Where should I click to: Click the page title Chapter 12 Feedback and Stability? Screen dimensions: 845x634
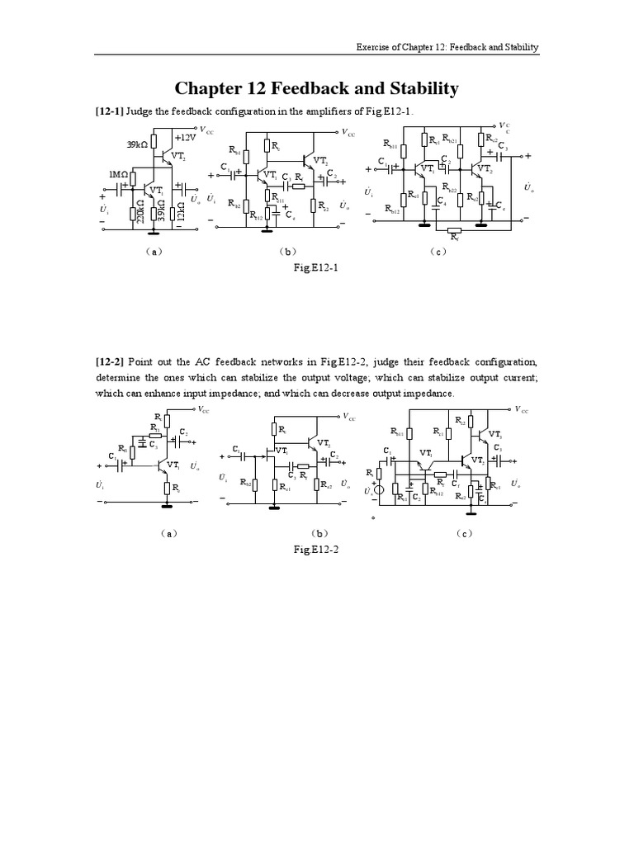coord(317,88)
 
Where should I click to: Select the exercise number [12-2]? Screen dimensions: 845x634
coord(113,362)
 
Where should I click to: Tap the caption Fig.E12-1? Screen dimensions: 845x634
coord(317,268)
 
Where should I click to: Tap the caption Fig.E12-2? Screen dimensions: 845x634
coord(317,549)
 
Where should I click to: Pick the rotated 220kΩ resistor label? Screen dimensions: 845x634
coord(141,211)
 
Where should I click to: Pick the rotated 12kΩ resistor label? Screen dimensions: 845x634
coord(181,211)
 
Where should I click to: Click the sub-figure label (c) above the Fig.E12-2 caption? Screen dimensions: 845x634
coord(464,533)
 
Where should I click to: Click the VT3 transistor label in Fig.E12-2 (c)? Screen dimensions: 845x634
coord(496,434)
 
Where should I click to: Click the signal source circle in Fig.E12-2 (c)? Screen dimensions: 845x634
coord(380,491)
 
